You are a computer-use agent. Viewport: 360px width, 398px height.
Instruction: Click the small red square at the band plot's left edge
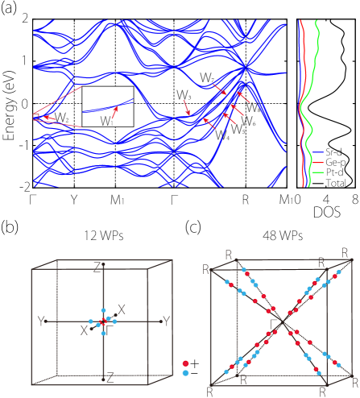click(36, 117)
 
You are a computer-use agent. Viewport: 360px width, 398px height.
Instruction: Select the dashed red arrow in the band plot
click(187, 107)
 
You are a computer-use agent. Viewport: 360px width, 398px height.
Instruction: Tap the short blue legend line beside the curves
click(317, 151)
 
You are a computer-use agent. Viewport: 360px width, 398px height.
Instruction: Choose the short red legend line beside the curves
click(317, 162)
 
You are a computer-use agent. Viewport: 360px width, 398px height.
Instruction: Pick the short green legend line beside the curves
click(317, 172)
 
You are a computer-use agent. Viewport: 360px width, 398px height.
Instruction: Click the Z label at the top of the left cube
click(97, 267)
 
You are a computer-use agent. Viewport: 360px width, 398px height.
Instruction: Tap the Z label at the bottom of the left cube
click(110, 377)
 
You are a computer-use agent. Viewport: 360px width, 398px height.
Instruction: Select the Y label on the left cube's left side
click(39, 321)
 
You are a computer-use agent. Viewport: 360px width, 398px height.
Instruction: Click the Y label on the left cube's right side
click(167, 321)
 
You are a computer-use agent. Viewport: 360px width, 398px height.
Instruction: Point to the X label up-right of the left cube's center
click(122, 310)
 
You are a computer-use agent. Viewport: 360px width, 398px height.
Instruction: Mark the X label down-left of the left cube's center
click(84, 331)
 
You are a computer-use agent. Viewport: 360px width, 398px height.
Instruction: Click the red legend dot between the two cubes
click(186, 363)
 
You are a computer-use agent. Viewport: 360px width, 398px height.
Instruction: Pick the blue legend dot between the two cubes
click(186, 373)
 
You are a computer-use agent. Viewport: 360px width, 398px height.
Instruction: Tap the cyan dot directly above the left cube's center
click(104, 309)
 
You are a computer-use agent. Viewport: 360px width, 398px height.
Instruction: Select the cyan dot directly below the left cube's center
click(104, 333)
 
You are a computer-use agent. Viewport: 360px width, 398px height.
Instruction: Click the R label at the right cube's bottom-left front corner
click(209, 392)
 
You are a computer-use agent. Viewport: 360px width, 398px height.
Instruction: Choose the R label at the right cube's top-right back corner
click(346, 254)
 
